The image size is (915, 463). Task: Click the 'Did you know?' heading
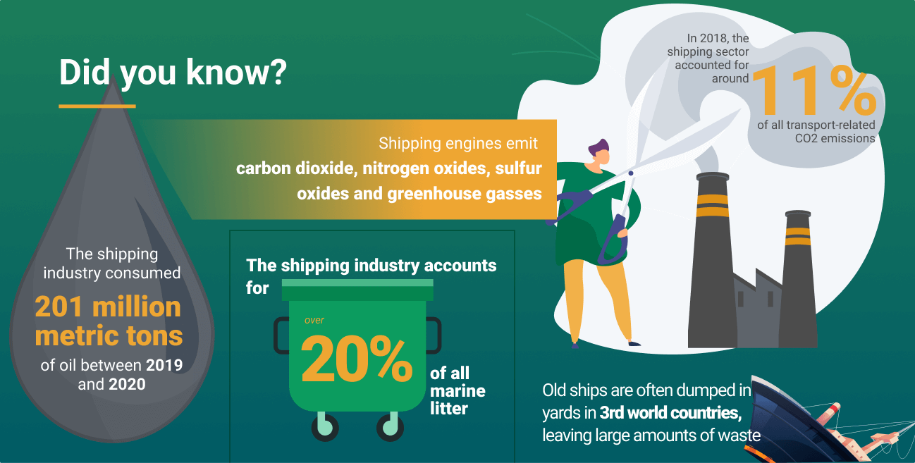tap(173, 73)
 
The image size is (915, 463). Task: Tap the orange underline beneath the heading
tap(97, 106)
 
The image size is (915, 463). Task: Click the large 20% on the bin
tap(356, 359)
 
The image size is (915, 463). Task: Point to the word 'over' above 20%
tap(314, 320)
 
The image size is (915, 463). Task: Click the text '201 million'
tap(108, 307)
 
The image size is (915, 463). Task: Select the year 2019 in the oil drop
tap(164, 365)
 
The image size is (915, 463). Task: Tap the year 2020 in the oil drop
tap(127, 384)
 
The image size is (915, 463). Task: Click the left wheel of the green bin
tap(325, 427)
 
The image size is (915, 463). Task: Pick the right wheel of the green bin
tap(390, 427)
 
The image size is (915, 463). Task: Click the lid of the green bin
tap(357, 290)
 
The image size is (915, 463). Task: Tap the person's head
tap(600, 152)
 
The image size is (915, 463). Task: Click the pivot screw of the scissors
tap(631, 173)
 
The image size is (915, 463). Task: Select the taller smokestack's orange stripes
tap(713, 205)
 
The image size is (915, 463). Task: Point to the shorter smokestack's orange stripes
tap(798, 236)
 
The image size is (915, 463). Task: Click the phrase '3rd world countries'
tap(670, 413)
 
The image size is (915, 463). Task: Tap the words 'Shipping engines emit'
tap(458, 143)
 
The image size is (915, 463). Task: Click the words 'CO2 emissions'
tap(835, 138)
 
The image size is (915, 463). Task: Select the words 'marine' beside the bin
tap(458, 391)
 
